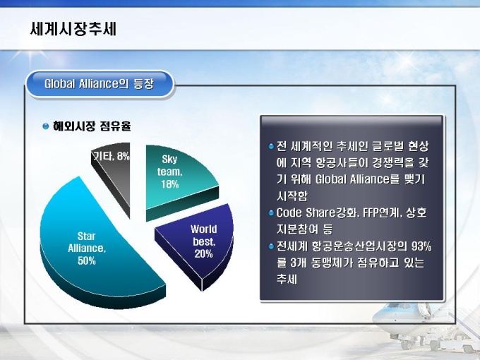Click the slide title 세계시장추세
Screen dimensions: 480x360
pyautogui.click(x=73, y=29)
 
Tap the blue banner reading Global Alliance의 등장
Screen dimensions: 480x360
pyautogui.click(x=100, y=84)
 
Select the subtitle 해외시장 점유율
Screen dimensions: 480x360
pyautogui.click(x=92, y=126)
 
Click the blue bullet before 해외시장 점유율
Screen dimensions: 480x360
pyautogui.click(x=46, y=126)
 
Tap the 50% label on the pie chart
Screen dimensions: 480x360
pyautogui.click(x=87, y=260)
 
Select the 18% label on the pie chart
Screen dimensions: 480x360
pyautogui.click(x=170, y=184)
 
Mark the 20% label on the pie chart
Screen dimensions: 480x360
pyautogui.click(x=203, y=254)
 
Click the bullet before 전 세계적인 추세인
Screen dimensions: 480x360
pyautogui.click(x=271, y=147)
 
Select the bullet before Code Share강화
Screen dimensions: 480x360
pyautogui.click(x=271, y=212)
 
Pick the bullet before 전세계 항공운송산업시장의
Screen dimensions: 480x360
pyautogui.click(x=271, y=246)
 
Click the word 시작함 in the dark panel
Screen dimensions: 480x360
pyautogui.click(x=292, y=196)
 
